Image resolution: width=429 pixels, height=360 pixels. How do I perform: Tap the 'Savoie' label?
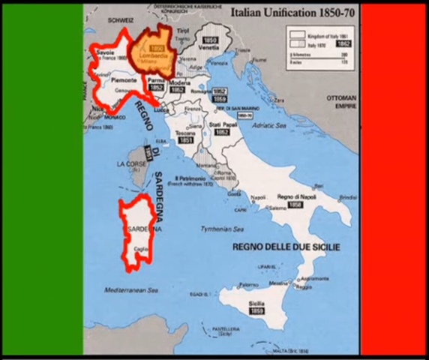106,52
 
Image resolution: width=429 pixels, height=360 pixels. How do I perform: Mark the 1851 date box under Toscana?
185,140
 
